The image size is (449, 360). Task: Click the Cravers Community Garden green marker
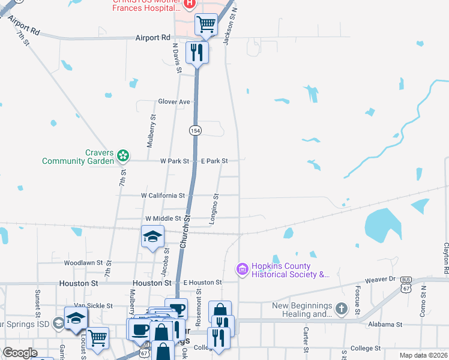[x=123, y=156]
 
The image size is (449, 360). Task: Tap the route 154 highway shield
[x=194, y=130]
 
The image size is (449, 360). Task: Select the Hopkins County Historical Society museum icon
[x=243, y=270]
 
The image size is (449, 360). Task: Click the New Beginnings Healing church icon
[x=341, y=310]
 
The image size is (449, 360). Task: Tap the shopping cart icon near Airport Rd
[x=206, y=25]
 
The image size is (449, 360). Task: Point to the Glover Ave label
[x=174, y=102]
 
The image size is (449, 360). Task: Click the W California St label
[x=163, y=196]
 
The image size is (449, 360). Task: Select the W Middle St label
[x=163, y=218]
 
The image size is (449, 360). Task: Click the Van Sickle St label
[x=92, y=305]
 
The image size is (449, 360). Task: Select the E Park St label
[x=214, y=161]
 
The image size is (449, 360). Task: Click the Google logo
[x=20, y=353]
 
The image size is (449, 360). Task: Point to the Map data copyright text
[x=423, y=355]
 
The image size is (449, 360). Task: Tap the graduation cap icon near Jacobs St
[x=152, y=236]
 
